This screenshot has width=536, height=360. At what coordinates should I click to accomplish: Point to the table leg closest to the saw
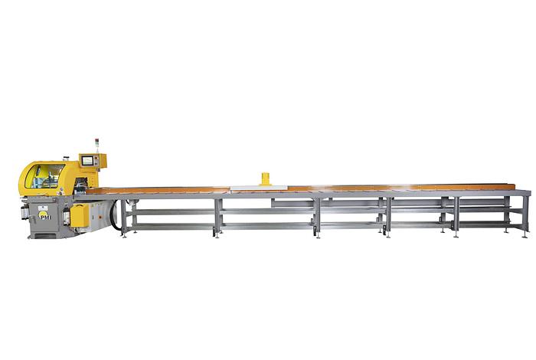coord(123,215)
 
